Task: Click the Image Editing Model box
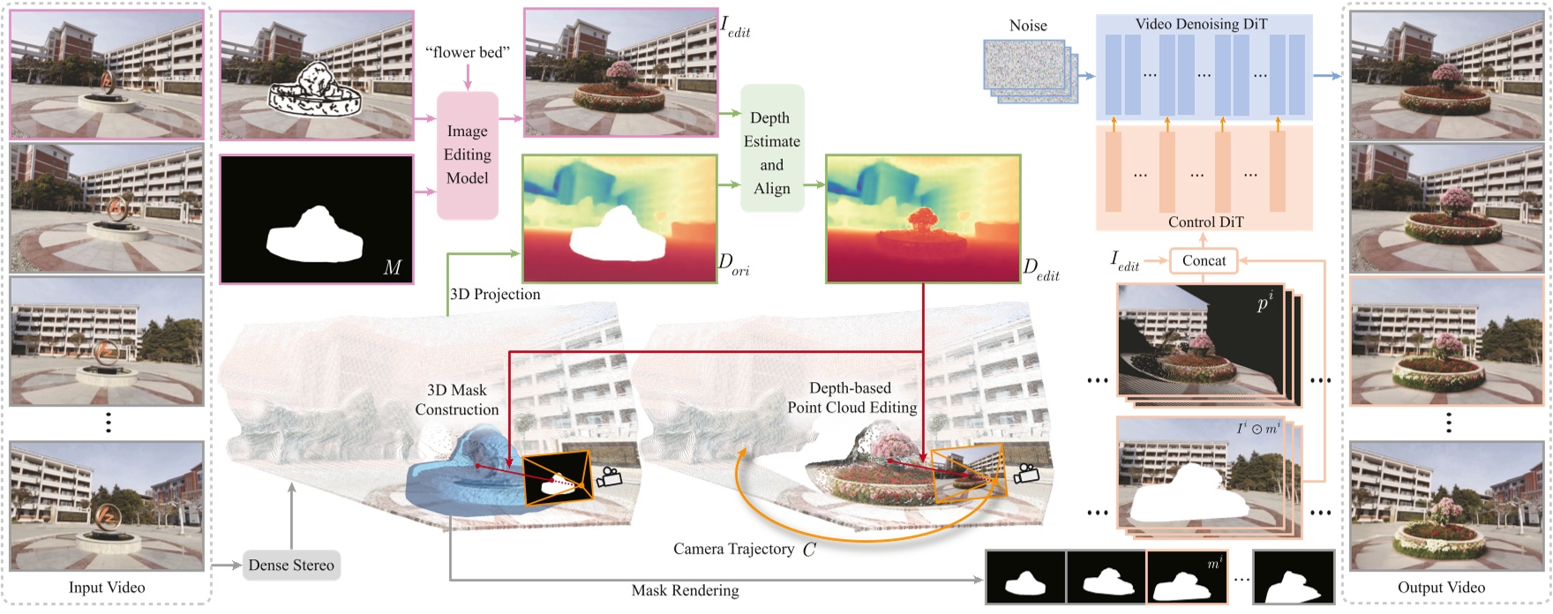[x=467, y=155]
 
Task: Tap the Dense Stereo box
[x=291, y=565]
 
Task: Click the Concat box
[x=1204, y=260]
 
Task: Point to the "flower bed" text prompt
[x=468, y=53]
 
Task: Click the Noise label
[x=1028, y=26]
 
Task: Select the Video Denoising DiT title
[x=1201, y=24]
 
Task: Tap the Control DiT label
[x=1205, y=221]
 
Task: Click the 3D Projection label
[x=495, y=295]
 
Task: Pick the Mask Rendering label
[x=685, y=590]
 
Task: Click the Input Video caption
[x=107, y=588]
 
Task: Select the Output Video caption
[x=1441, y=588]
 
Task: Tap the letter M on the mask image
[x=393, y=267]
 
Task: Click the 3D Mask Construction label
[x=457, y=400]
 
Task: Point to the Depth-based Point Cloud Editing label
[x=852, y=398]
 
